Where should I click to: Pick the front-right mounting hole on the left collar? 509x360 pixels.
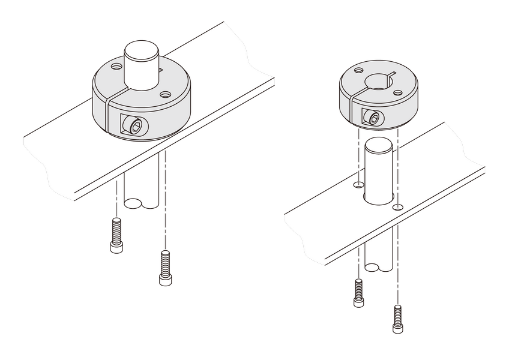pos(164,94)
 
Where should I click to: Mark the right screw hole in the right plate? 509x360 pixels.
pos(397,208)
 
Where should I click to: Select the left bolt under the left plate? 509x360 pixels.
pos(116,235)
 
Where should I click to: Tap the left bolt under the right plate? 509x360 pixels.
pos(358,293)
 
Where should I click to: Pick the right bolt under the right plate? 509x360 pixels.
pos(397,319)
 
